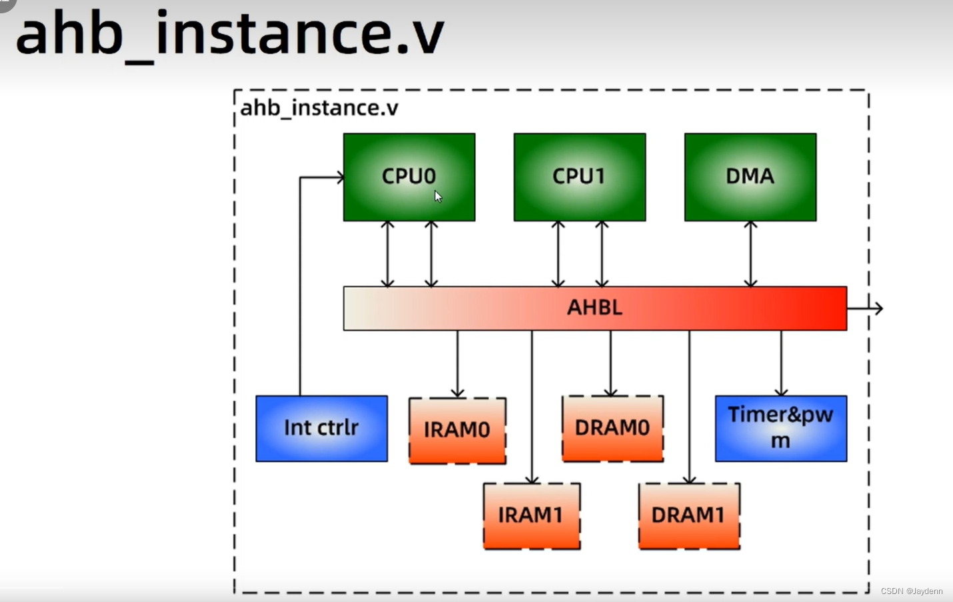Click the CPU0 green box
(x=409, y=177)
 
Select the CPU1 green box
(x=579, y=177)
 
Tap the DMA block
(x=750, y=177)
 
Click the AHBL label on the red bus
(x=594, y=307)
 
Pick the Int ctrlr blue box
(x=321, y=428)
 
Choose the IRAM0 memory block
(x=457, y=430)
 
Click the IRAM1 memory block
(x=531, y=515)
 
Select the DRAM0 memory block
(x=612, y=428)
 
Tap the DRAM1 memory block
(x=688, y=515)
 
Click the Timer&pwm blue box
(x=780, y=428)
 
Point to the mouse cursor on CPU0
(x=438, y=196)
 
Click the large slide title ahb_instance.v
(x=229, y=35)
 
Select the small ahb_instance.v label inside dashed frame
(x=319, y=108)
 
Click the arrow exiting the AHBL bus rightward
(x=866, y=308)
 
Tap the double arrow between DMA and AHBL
(x=750, y=254)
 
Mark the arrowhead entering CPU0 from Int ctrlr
(x=340, y=177)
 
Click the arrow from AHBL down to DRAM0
(x=610, y=363)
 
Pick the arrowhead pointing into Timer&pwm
(x=781, y=392)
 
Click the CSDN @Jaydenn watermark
(x=911, y=591)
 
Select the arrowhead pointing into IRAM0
(x=457, y=393)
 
